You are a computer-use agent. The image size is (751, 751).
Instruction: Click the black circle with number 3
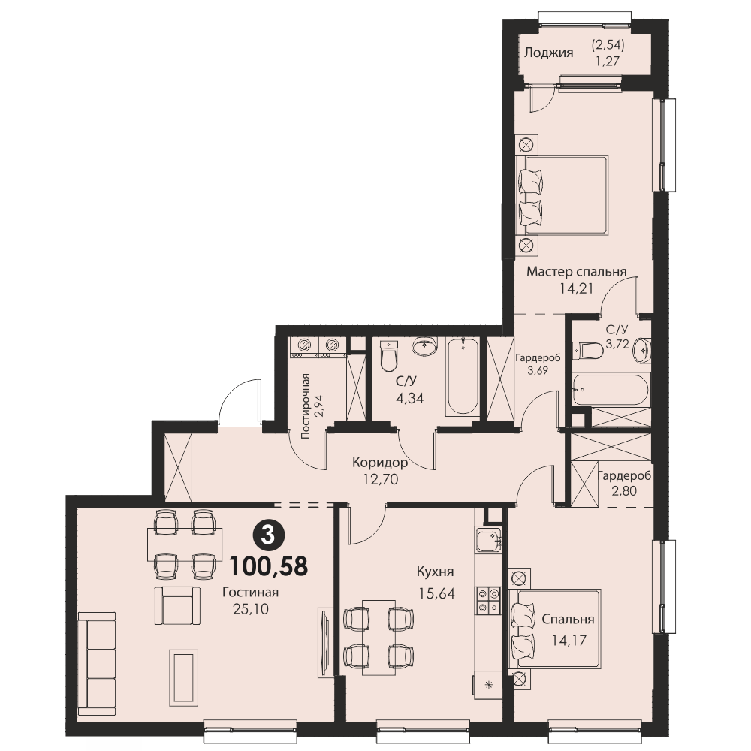pyautogui.click(x=268, y=535)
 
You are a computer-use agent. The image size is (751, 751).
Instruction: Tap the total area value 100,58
pyautogui.click(x=268, y=566)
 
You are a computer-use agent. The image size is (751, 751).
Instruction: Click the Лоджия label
pyautogui.click(x=548, y=53)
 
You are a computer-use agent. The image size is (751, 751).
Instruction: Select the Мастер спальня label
pyautogui.click(x=577, y=272)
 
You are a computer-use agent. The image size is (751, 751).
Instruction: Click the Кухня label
pyautogui.click(x=436, y=572)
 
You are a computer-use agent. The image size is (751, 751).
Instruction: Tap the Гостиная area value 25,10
pyautogui.click(x=251, y=609)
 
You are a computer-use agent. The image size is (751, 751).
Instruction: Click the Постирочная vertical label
pyautogui.click(x=306, y=406)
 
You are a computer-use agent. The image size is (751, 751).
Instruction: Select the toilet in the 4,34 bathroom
pyautogui.click(x=388, y=354)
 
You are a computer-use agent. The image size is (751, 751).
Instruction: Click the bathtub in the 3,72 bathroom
pyautogui.click(x=611, y=390)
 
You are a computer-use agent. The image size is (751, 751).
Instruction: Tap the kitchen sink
pyautogui.click(x=488, y=539)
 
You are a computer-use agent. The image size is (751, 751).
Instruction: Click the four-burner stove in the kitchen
pyautogui.click(x=488, y=601)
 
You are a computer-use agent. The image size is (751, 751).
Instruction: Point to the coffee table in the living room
pyautogui.click(x=183, y=677)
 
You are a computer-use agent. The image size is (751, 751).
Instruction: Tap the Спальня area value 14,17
pyautogui.click(x=569, y=641)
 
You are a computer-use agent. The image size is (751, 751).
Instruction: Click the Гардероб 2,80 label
pyautogui.click(x=624, y=483)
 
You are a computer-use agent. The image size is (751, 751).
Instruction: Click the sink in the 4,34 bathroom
pyautogui.click(x=425, y=347)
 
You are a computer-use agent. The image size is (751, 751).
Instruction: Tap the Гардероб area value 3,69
pyautogui.click(x=538, y=370)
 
